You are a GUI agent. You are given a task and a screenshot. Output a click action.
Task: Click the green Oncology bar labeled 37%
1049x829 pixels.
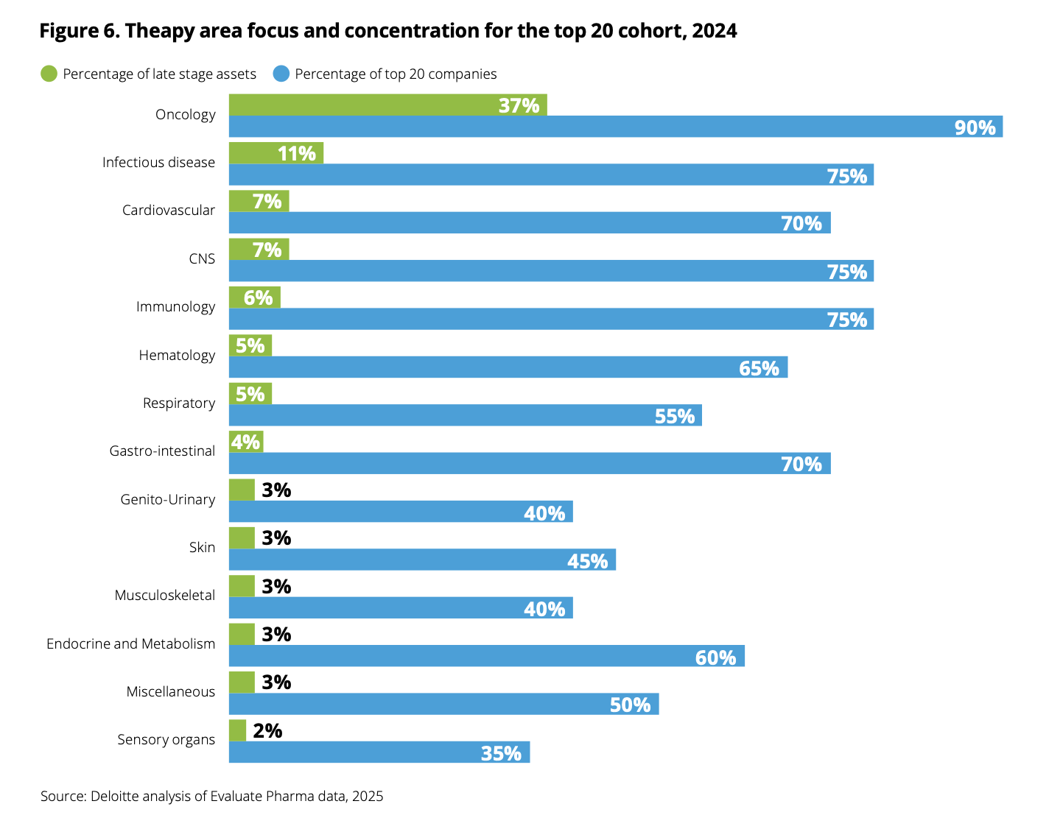tap(387, 105)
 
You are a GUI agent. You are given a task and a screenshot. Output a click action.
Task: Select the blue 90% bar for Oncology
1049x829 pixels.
tap(615, 127)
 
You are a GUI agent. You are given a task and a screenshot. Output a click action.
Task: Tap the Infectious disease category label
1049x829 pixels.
tap(158, 163)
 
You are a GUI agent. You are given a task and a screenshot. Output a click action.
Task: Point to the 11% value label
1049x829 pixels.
tap(297, 153)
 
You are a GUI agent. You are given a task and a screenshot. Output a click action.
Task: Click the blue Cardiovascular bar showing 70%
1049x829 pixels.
tap(530, 223)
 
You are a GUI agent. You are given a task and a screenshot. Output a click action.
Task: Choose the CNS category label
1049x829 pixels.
tap(202, 259)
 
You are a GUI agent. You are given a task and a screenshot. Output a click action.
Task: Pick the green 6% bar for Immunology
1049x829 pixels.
tap(254, 297)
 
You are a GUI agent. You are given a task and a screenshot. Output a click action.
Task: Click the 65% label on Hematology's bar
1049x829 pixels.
tap(759, 368)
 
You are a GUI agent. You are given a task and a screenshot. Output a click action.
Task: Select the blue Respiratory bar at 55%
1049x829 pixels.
tap(465, 415)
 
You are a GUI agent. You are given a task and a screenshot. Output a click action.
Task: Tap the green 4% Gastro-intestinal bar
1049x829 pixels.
tap(245, 442)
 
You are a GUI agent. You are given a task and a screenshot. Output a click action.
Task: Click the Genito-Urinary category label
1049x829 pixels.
tap(168, 500)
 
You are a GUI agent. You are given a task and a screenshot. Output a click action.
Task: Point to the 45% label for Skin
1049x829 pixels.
tap(587, 561)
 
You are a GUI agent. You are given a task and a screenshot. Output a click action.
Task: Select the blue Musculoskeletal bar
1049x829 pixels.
tap(401, 608)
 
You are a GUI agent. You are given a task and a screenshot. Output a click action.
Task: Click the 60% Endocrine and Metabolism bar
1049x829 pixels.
tap(486, 656)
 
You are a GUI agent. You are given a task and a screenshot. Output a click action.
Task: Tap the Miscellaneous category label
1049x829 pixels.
tap(170, 692)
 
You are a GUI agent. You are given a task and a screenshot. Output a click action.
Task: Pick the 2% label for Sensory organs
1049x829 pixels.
tap(267, 730)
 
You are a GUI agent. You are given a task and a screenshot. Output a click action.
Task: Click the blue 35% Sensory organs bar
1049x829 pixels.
tap(379, 752)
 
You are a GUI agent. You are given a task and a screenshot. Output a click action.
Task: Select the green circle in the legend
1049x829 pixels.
tap(49, 74)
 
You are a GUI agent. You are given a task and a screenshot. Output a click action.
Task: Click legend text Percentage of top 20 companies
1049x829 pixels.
tap(396, 74)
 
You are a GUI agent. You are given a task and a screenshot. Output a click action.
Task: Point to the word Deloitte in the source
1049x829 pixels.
tap(115, 797)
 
